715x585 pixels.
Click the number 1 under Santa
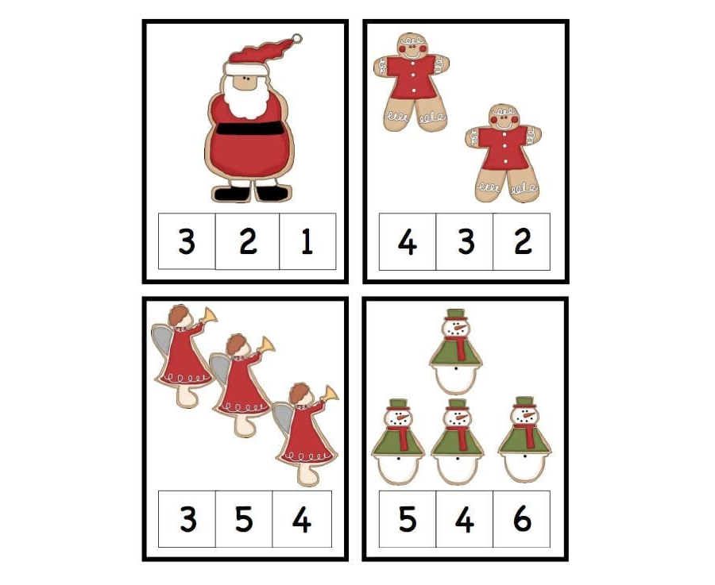pyautogui.click(x=307, y=241)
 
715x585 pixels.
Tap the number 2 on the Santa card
pyautogui.click(x=248, y=241)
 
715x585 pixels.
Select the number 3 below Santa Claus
pyautogui.click(x=187, y=241)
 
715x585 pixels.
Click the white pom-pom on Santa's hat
pyautogui.click(x=297, y=38)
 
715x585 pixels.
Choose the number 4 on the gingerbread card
pyautogui.click(x=407, y=241)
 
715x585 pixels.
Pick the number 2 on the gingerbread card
pyautogui.click(x=522, y=241)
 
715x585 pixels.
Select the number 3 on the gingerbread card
pyautogui.click(x=465, y=241)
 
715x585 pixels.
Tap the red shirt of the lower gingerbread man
pyautogui.click(x=503, y=148)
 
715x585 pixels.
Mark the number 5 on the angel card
pyautogui.click(x=244, y=519)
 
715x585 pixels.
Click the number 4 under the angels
pyautogui.click(x=301, y=519)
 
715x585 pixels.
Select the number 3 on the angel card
pyautogui.click(x=187, y=519)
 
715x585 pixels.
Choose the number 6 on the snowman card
pyautogui.click(x=522, y=519)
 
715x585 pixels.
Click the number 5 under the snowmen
pyautogui.click(x=407, y=519)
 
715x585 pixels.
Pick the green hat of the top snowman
pyautogui.click(x=455, y=314)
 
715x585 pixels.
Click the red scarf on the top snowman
pyautogui.click(x=458, y=346)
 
